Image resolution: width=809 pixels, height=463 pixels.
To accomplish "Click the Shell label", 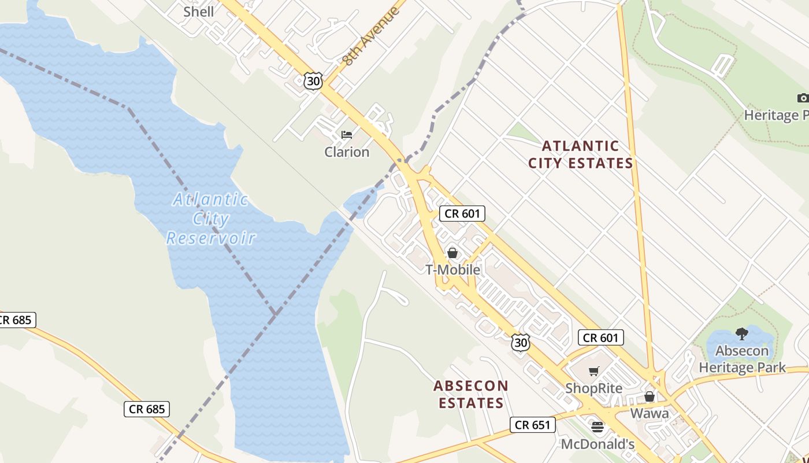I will [198, 12].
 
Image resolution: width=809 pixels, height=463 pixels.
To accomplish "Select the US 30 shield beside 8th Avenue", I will [313, 81].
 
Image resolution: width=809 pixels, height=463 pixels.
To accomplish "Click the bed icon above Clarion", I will [347, 135].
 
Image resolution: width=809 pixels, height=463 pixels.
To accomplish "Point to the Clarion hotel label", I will [347, 152].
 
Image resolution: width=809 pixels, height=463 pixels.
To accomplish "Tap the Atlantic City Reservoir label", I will [211, 219].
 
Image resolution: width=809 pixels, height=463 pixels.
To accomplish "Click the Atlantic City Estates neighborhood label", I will [580, 155].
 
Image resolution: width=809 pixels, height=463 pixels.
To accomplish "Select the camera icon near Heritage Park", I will [803, 98].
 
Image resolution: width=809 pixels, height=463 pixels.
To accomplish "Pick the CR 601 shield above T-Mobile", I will [462, 214].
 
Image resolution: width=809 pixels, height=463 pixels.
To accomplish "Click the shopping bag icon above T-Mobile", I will [452, 253].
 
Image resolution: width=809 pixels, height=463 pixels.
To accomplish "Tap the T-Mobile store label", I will [452, 270].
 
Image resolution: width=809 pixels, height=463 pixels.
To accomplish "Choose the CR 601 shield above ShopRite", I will [601, 338].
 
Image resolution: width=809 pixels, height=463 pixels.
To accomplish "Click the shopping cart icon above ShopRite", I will [593, 371].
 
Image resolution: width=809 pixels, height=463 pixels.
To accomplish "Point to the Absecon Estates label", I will [471, 394].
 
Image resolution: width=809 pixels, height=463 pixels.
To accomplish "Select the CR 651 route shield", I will [533, 425].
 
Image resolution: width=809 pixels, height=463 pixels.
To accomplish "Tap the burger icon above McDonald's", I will [597, 427].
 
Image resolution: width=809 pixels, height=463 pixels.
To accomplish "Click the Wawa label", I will [650, 413].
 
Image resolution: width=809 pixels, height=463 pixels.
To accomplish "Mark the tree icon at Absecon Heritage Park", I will [741, 333].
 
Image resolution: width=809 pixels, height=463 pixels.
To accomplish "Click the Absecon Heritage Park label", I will [742, 359].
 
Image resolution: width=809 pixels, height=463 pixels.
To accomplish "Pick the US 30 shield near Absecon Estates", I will [520, 342].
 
